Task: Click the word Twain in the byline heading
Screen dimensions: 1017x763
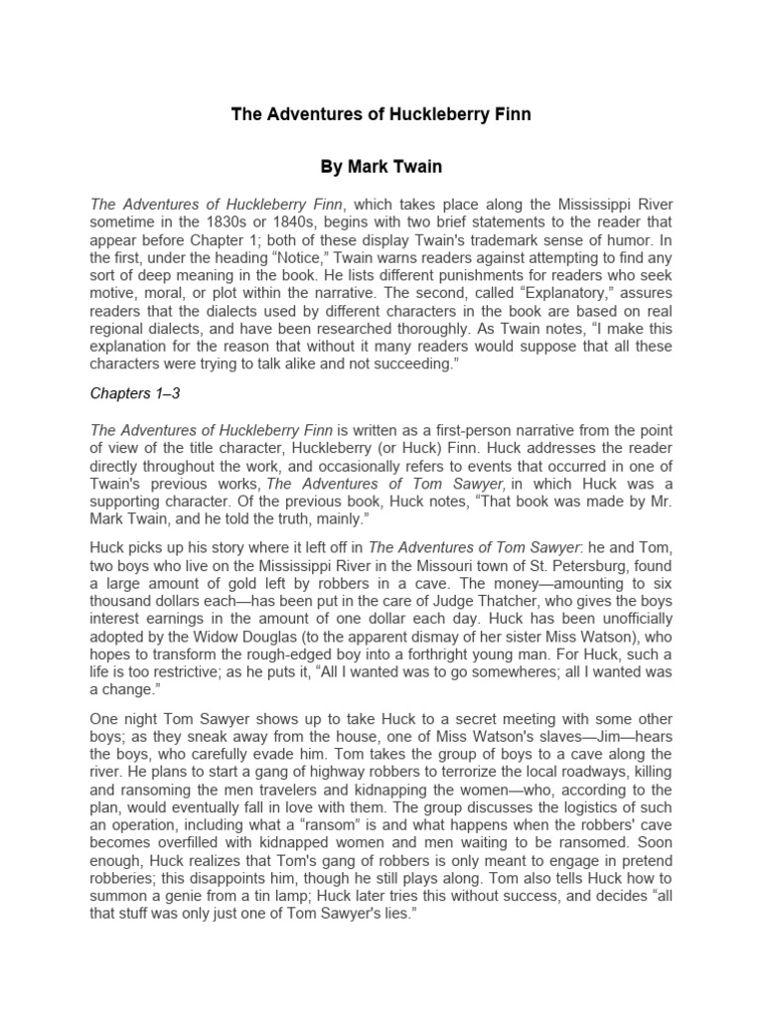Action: coord(414,166)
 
